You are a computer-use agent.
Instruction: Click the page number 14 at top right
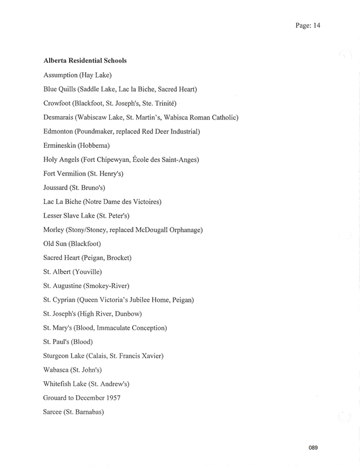[x=316, y=25]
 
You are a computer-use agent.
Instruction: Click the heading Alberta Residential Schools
[x=85, y=61]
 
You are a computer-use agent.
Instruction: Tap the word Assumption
[x=61, y=75]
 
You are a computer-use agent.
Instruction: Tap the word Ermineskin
[x=60, y=146]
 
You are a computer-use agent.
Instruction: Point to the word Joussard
[x=56, y=188]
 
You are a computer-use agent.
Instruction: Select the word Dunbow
[x=127, y=314]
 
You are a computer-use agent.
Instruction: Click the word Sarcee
[x=53, y=412]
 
